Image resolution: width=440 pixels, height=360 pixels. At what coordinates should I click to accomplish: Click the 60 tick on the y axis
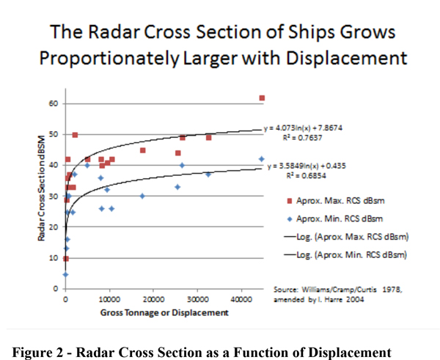tap(53, 103)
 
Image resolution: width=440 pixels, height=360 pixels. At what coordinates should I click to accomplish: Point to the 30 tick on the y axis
tap(53, 196)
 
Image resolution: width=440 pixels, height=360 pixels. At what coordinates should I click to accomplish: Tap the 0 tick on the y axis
tap(55, 289)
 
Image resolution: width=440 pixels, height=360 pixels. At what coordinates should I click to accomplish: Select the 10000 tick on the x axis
tap(109, 301)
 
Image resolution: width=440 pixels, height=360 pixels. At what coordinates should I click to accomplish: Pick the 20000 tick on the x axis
tap(153, 301)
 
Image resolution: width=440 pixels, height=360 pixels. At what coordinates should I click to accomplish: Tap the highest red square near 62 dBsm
tap(262, 98)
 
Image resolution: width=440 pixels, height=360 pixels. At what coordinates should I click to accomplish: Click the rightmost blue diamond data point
tap(261, 159)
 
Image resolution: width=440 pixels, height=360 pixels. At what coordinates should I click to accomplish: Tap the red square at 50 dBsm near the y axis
tap(75, 135)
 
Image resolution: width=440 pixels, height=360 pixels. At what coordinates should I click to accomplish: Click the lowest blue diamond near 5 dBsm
tap(65, 274)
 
